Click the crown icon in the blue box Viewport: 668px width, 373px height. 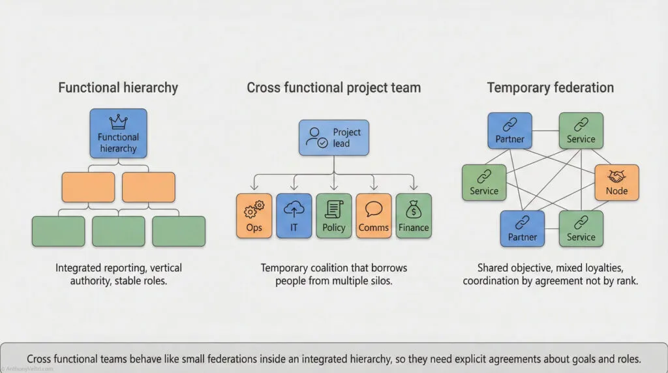point(118,122)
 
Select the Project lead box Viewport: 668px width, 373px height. point(334,138)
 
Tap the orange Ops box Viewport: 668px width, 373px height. point(254,215)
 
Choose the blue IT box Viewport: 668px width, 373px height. point(294,215)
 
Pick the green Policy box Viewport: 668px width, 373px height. point(333,215)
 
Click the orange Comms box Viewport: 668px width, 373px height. point(374,215)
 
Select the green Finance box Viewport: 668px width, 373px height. point(414,215)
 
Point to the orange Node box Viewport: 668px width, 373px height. point(616,182)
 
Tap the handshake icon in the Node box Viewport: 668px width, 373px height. point(616,175)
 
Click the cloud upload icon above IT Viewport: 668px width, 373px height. point(294,209)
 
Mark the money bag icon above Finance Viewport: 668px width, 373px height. point(414,209)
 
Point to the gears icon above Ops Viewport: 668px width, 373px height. point(254,209)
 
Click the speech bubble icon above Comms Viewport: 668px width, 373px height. point(374,209)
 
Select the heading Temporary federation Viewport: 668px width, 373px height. point(551,87)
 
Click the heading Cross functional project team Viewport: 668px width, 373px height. point(333,87)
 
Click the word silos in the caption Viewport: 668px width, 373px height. point(380,281)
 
